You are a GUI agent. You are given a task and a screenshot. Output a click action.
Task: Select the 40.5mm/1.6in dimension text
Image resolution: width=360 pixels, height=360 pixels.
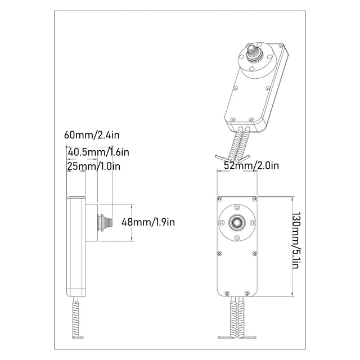pyautogui.click(x=98, y=152)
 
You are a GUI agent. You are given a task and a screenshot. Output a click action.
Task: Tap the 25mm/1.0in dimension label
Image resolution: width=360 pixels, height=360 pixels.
pyautogui.click(x=93, y=166)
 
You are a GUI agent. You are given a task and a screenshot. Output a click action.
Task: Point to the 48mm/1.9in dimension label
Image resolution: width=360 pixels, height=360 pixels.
pyautogui.click(x=148, y=222)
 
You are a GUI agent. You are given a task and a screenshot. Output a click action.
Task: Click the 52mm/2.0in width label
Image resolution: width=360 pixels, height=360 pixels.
pyautogui.click(x=251, y=165)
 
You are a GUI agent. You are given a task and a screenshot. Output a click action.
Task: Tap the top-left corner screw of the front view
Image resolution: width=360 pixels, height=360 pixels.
pyautogui.click(x=220, y=199)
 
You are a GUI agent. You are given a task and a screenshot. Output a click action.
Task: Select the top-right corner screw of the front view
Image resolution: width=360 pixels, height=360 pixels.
pyautogui.click(x=255, y=199)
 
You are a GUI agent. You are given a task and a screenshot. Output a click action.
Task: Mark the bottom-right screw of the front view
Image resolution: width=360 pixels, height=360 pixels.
pyautogui.click(x=251, y=292)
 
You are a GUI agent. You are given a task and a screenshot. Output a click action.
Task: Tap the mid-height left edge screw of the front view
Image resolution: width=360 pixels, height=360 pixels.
pyautogui.click(x=220, y=246)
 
